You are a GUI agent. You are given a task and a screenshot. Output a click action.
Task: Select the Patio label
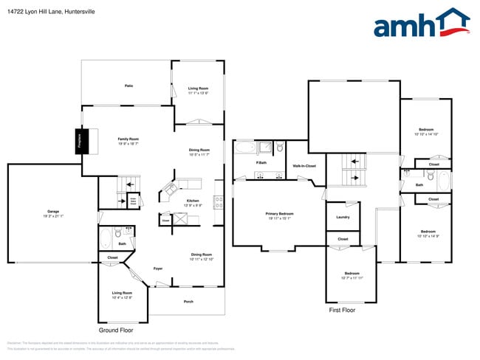(x=128, y=86)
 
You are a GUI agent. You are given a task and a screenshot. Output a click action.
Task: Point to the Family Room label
(x=128, y=139)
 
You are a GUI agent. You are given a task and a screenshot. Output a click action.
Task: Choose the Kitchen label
(x=192, y=200)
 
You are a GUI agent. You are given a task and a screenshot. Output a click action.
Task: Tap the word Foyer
(x=158, y=269)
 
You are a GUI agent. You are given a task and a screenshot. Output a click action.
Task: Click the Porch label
(x=188, y=301)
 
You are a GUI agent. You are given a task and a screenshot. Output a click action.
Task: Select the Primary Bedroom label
(x=279, y=214)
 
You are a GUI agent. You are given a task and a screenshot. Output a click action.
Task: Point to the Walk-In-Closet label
(x=304, y=166)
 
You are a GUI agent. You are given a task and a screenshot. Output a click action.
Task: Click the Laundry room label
(x=343, y=217)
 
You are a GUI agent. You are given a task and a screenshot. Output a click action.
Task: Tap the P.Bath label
(x=261, y=162)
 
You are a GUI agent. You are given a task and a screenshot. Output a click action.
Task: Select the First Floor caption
(x=342, y=311)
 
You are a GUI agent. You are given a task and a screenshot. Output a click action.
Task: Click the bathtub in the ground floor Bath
(x=106, y=239)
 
